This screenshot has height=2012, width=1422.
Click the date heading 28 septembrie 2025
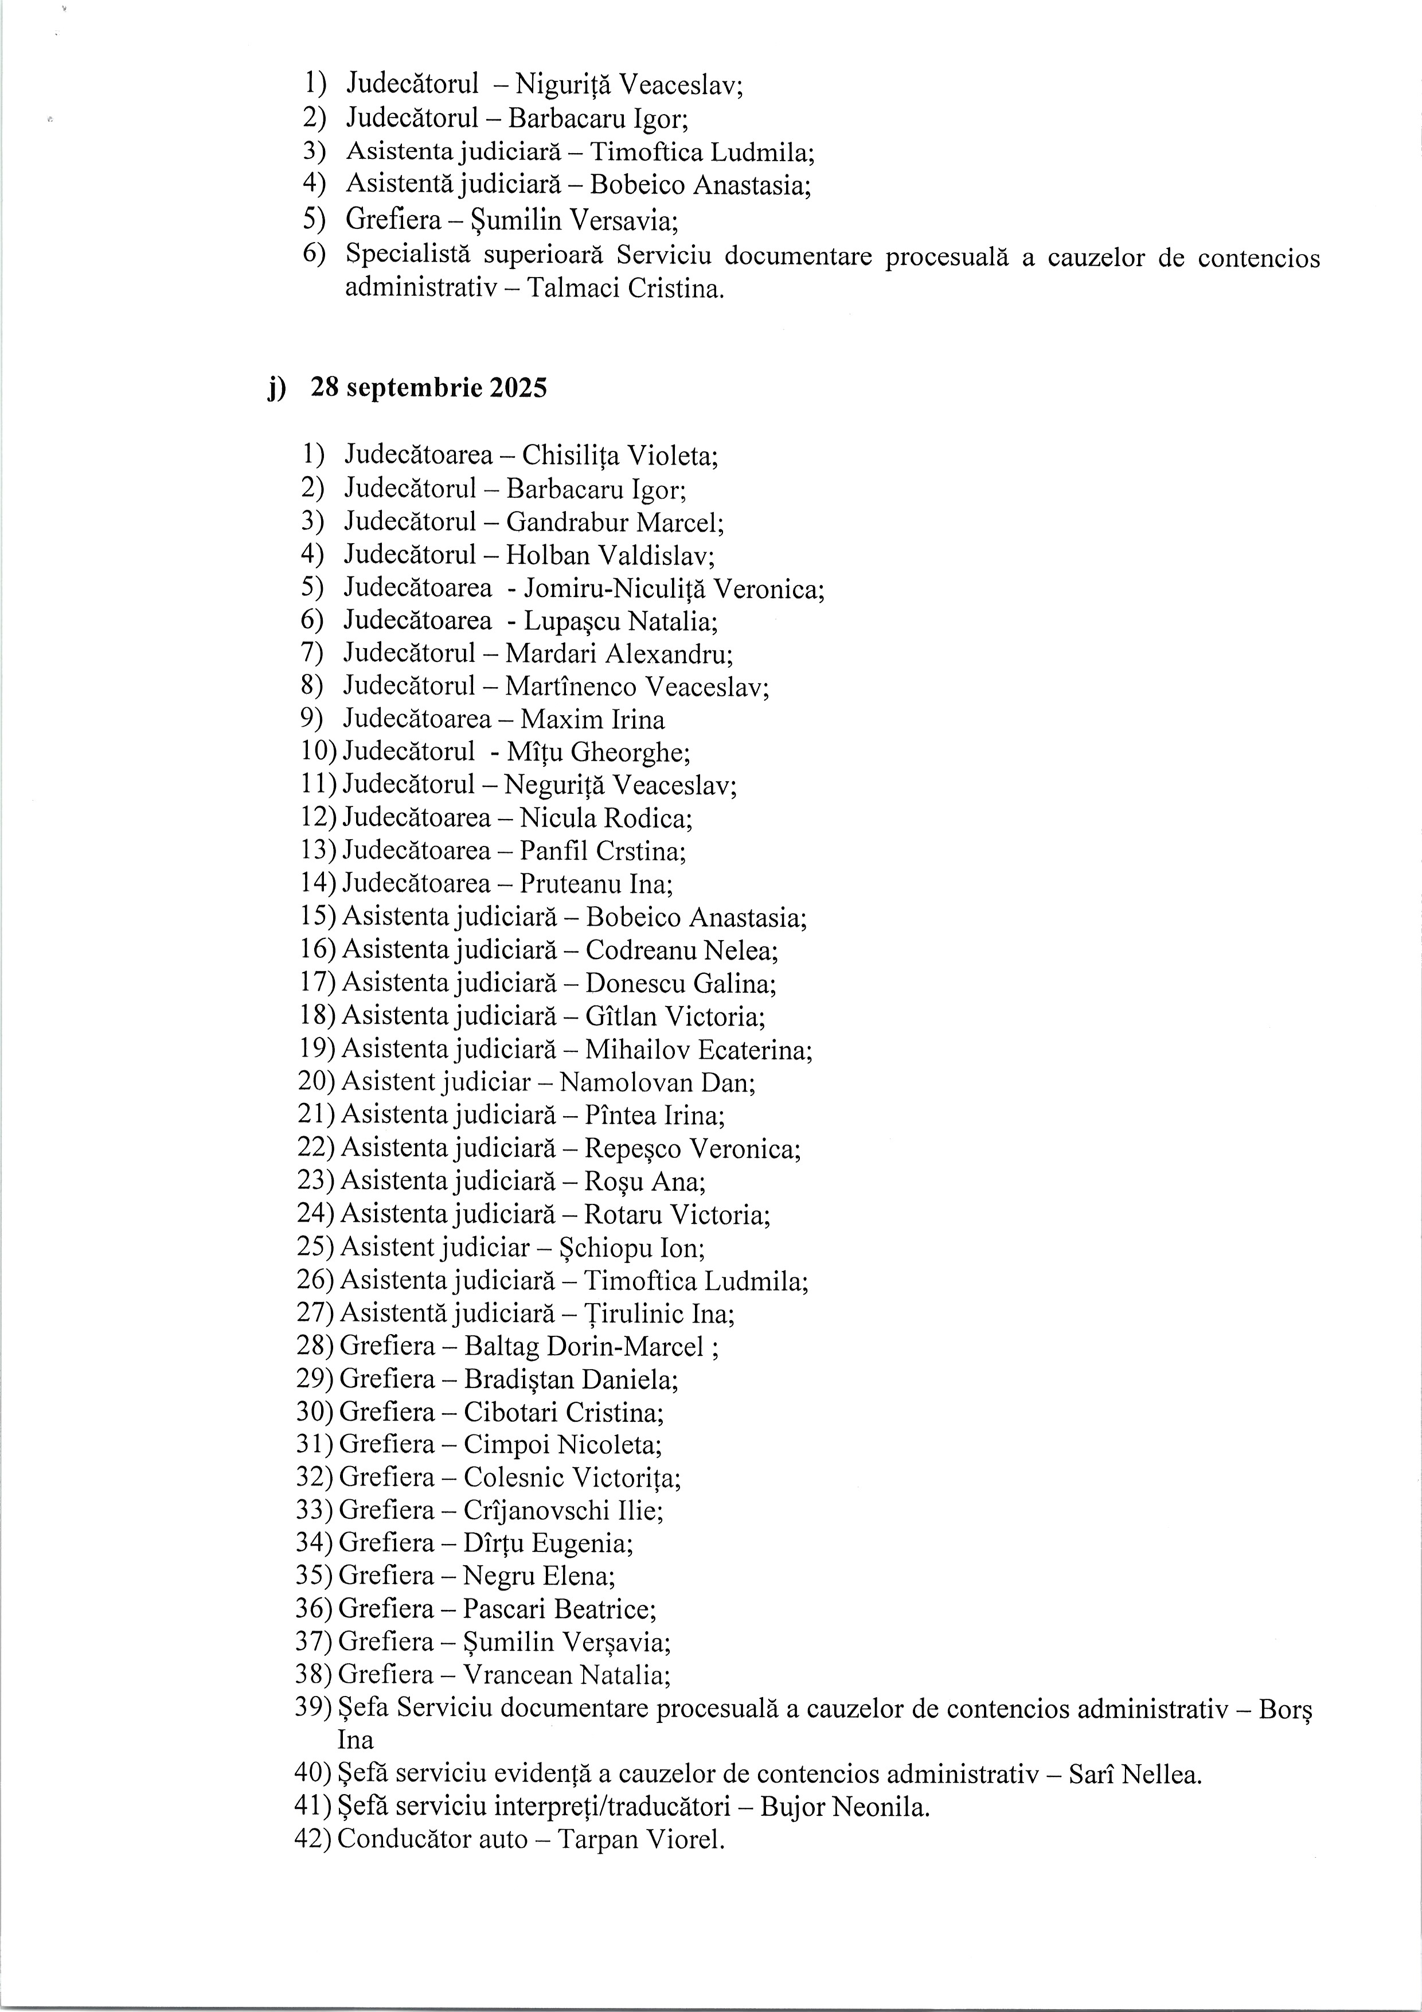tap(428, 387)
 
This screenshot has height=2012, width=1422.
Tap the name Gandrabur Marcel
tap(614, 523)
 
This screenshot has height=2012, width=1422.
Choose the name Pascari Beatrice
tap(558, 1609)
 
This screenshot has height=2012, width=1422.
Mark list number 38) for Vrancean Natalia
tap(315, 1675)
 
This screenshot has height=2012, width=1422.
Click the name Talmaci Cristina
tap(626, 288)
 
